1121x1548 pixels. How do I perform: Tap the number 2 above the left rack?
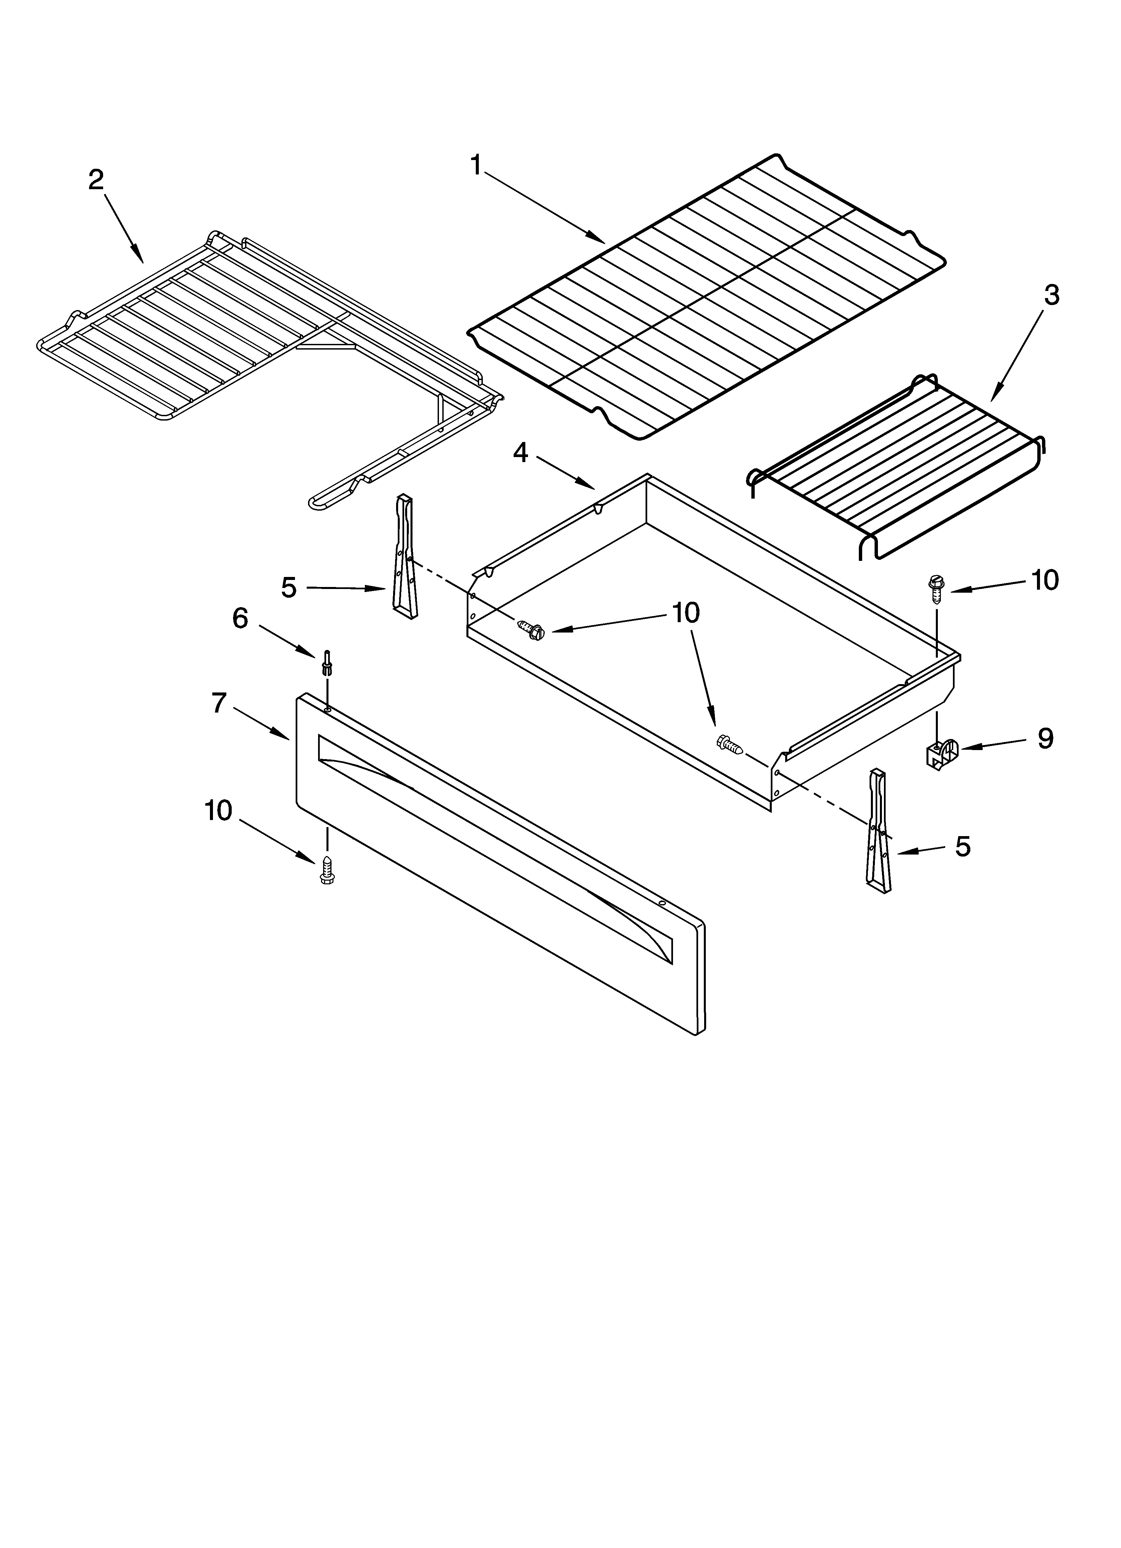tap(96, 179)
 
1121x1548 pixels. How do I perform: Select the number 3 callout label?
tap(1051, 295)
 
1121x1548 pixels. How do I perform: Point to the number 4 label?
tap(521, 452)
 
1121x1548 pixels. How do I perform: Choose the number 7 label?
tap(218, 702)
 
